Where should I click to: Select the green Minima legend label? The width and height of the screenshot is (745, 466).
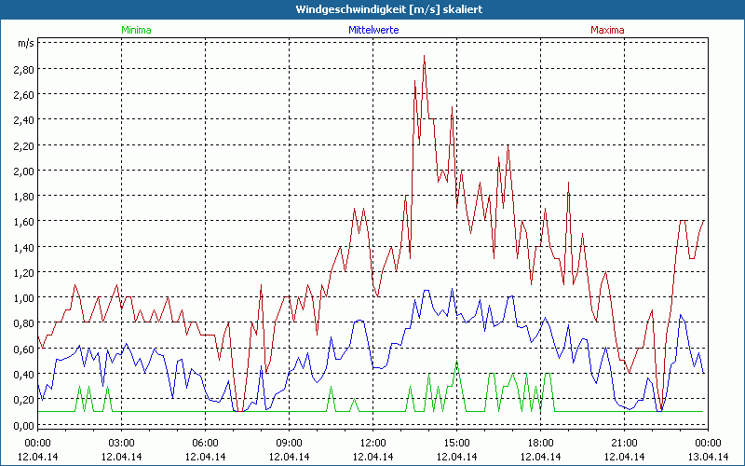(x=136, y=30)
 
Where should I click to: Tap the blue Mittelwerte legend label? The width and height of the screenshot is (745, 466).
(x=373, y=30)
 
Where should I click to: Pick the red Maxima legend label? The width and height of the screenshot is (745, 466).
(x=608, y=30)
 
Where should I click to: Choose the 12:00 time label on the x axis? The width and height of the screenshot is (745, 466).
(x=372, y=442)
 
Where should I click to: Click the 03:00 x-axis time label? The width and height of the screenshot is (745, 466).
(x=122, y=442)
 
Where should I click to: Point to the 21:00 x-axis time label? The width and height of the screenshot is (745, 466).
(x=624, y=442)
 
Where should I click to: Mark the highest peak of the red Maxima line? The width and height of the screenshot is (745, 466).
(x=424, y=56)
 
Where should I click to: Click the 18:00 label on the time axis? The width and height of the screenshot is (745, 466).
(x=540, y=442)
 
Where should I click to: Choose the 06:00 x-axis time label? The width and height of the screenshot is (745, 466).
(x=206, y=442)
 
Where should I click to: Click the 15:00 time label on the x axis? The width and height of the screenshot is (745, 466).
(x=456, y=442)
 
